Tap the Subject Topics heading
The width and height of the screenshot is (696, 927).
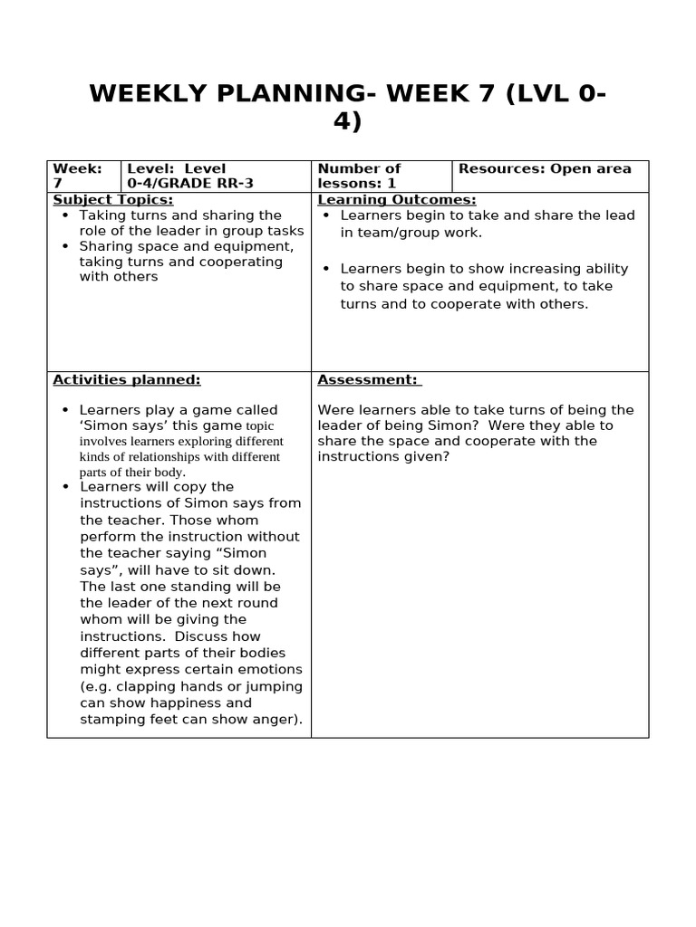[113, 200]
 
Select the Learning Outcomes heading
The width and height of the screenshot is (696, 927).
[397, 200]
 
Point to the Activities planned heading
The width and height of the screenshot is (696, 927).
[127, 380]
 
